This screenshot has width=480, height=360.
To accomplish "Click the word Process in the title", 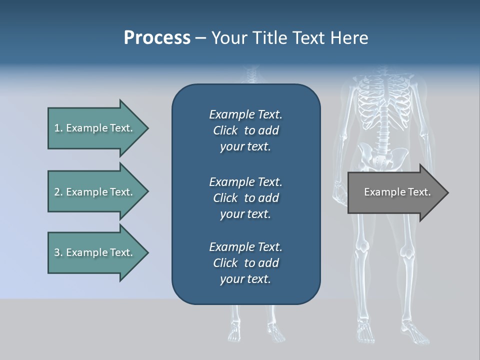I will click(x=157, y=38).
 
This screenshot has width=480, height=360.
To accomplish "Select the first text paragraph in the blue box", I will click(x=245, y=130).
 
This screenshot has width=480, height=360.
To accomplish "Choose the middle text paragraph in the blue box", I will click(x=245, y=197).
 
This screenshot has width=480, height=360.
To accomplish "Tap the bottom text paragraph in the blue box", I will click(x=245, y=263).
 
